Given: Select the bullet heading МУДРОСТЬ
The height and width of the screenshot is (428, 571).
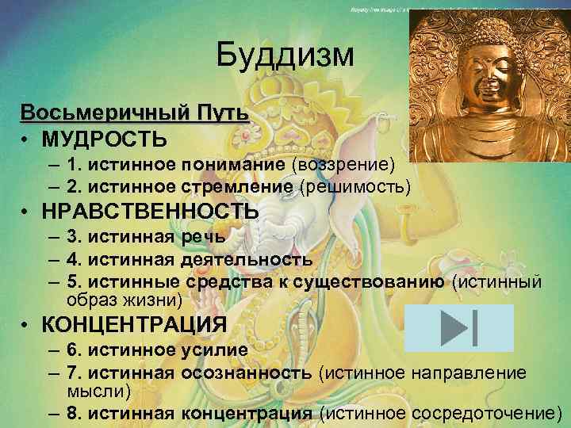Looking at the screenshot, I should coord(105,139).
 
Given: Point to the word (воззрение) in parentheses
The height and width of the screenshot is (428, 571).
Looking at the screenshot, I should coord(343,164).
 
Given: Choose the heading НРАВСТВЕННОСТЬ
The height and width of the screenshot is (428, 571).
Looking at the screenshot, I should coord(150,212).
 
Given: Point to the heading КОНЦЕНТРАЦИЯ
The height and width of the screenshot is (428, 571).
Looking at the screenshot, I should coord(134,325).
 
